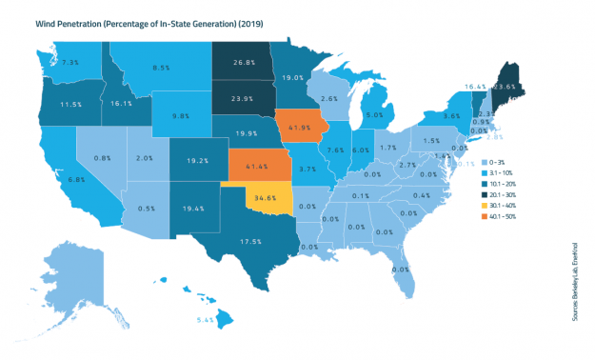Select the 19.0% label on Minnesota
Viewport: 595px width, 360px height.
point(293,78)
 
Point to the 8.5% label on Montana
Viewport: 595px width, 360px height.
point(160,68)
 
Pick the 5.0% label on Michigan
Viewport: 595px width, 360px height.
point(374,115)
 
